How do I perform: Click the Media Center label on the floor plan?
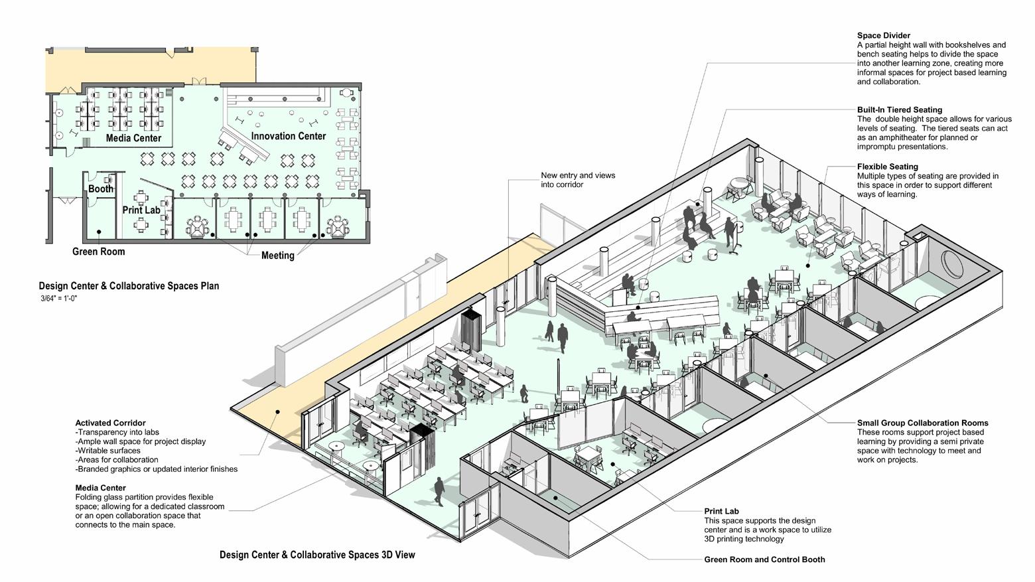[133, 139]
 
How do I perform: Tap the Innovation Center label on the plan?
[288, 136]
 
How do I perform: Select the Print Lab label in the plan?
[141, 210]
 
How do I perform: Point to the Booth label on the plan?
[101, 189]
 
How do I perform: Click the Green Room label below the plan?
[98, 252]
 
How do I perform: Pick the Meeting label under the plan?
[277, 255]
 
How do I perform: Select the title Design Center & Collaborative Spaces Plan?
[129, 286]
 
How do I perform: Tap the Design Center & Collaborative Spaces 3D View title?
[317, 555]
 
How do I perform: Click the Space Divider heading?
[883, 36]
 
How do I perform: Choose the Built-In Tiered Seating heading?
[899, 110]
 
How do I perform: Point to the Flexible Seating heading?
[887, 167]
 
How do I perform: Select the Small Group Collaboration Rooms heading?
[922, 423]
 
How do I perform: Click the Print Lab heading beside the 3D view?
[721, 512]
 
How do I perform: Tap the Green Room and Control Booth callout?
[764, 560]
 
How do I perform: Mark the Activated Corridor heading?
[110, 423]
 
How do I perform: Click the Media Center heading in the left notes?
[100, 488]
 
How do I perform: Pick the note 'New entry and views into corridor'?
[577, 180]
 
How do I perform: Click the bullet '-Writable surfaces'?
[108, 451]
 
